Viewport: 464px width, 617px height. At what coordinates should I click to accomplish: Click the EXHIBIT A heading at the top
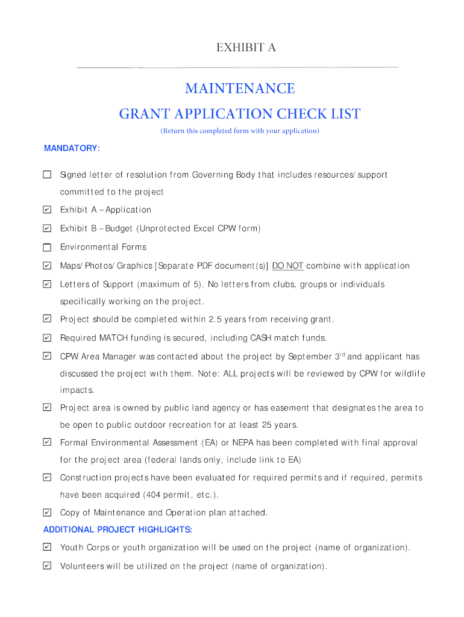(x=246, y=48)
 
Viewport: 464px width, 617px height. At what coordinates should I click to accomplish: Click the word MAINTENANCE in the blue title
(x=240, y=89)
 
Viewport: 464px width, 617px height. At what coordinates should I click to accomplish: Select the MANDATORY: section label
(x=72, y=148)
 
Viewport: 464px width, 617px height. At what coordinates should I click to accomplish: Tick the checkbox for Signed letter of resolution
(x=47, y=175)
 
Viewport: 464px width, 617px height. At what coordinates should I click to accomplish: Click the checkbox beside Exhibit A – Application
(x=47, y=210)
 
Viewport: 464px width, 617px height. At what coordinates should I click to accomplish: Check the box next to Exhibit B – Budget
(x=47, y=228)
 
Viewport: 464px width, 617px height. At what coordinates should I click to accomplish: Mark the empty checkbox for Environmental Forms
(x=47, y=247)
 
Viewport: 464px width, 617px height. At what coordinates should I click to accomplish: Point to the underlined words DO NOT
(x=287, y=266)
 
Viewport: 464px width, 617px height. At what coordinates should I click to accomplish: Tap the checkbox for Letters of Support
(x=47, y=284)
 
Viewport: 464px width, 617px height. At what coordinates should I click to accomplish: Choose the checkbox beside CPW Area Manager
(x=47, y=356)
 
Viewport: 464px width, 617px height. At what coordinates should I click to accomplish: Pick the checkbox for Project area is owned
(x=47, y=408)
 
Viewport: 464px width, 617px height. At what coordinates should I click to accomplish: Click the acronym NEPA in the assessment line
(x=243, y=443)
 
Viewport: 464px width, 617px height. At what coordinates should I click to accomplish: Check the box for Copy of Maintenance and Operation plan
(x=47, y=513)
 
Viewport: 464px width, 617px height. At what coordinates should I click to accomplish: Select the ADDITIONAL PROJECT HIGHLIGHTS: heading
(x=118, y=530)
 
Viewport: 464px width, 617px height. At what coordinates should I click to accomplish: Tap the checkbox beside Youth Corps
(x=47, y=547)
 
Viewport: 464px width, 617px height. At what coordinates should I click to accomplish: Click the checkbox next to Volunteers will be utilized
(x=47, y=566)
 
